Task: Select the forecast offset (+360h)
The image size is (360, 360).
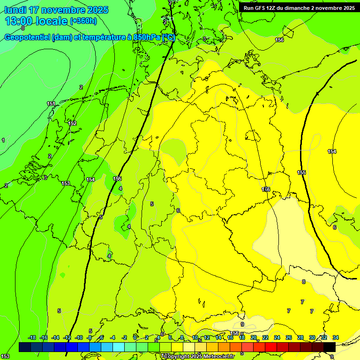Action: click(83, 21)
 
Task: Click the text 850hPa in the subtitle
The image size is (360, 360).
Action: click(148, 37)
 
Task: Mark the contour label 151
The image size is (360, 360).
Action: click(51, 104)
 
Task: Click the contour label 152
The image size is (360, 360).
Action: click(72, 123)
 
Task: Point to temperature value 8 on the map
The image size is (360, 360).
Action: click(304, 282)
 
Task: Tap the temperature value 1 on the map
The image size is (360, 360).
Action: click(3, 140)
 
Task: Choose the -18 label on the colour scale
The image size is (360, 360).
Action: click(32, 337)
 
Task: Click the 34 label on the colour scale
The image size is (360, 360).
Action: click(336, 337)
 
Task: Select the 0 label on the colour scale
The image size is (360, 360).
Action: click(135, 337)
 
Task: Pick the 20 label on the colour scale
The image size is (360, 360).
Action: click(254, 337)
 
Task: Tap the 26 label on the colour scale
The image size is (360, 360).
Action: click(289, 337)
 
